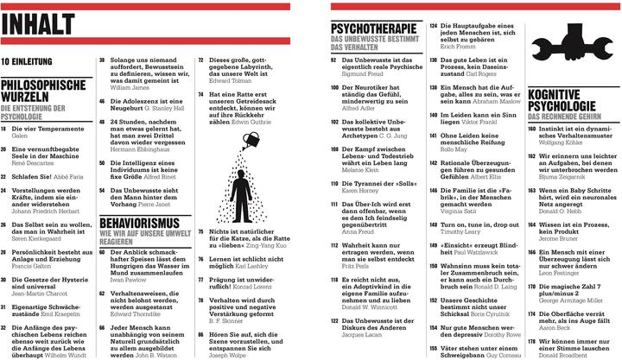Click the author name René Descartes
pos(34,161)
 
